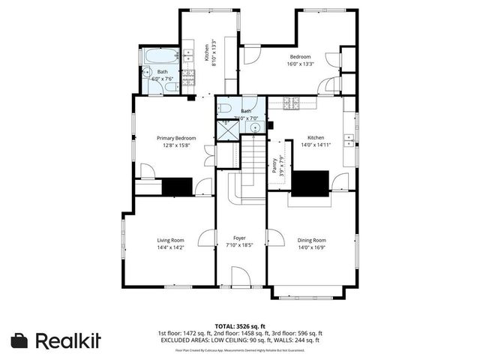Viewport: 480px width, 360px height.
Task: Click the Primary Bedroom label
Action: tap(176, 138)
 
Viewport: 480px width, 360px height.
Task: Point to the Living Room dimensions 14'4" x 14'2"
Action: tap(171, 247)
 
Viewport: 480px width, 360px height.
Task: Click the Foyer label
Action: tap(239, 238)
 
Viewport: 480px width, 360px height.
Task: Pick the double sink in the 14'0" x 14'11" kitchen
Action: tap(349, 139)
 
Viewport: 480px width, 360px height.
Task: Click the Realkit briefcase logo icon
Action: tap(20, 340)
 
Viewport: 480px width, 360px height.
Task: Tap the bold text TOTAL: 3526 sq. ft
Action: tap(240, 325)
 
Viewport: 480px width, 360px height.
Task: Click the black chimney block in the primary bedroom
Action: tap(177, 186)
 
